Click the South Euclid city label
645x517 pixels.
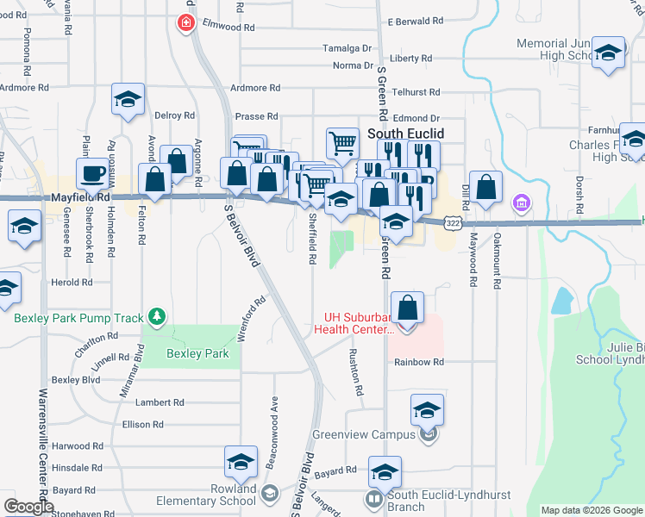click(x=406, y=134)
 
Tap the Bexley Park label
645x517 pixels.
click(x=197, y=353)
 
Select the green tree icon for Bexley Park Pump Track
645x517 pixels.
click(x=156, y=317)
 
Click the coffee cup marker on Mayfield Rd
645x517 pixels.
click(x=91, y=173)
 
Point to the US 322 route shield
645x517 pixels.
click(x=452, y=222)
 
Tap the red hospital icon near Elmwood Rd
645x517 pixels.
click(x=185, y=23)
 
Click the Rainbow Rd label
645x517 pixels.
click(x=419, y=362)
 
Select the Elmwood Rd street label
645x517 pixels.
click(x=229, y=28)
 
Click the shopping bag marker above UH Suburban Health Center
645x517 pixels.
click(x=407, y=308)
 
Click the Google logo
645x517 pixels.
click(x=28, y=507)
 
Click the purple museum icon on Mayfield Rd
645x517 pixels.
click(x=520, y=204)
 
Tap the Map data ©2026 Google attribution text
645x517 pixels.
click(x=591, y=510)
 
